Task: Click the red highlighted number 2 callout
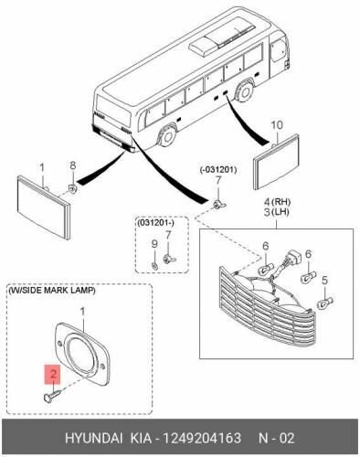click(x=53, y=374)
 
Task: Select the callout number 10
click(x=277, y=125)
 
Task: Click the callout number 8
click(x=73, y=165)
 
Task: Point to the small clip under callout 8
click(x=72, y=189)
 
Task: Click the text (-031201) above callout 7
click(x=218, y=170)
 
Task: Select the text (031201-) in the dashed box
click(x=155, y=223)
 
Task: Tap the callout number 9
click(x=154, y=244)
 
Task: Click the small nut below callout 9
click(x=154, y=266)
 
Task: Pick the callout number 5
click(x=324, y=280)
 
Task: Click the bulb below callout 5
click(x=325, y=303)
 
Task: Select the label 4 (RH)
click(x=277, y=202)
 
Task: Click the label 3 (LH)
click(x=276, y=212)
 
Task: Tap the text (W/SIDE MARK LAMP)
click(x=52, y=291)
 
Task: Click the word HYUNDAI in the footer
click(x=94, y=439)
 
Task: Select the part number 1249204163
click(x=202, y=439)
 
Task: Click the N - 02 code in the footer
click(x=276, y=439)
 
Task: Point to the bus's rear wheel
click(x=167, y=137)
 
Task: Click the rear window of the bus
click(x=112, y=108)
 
